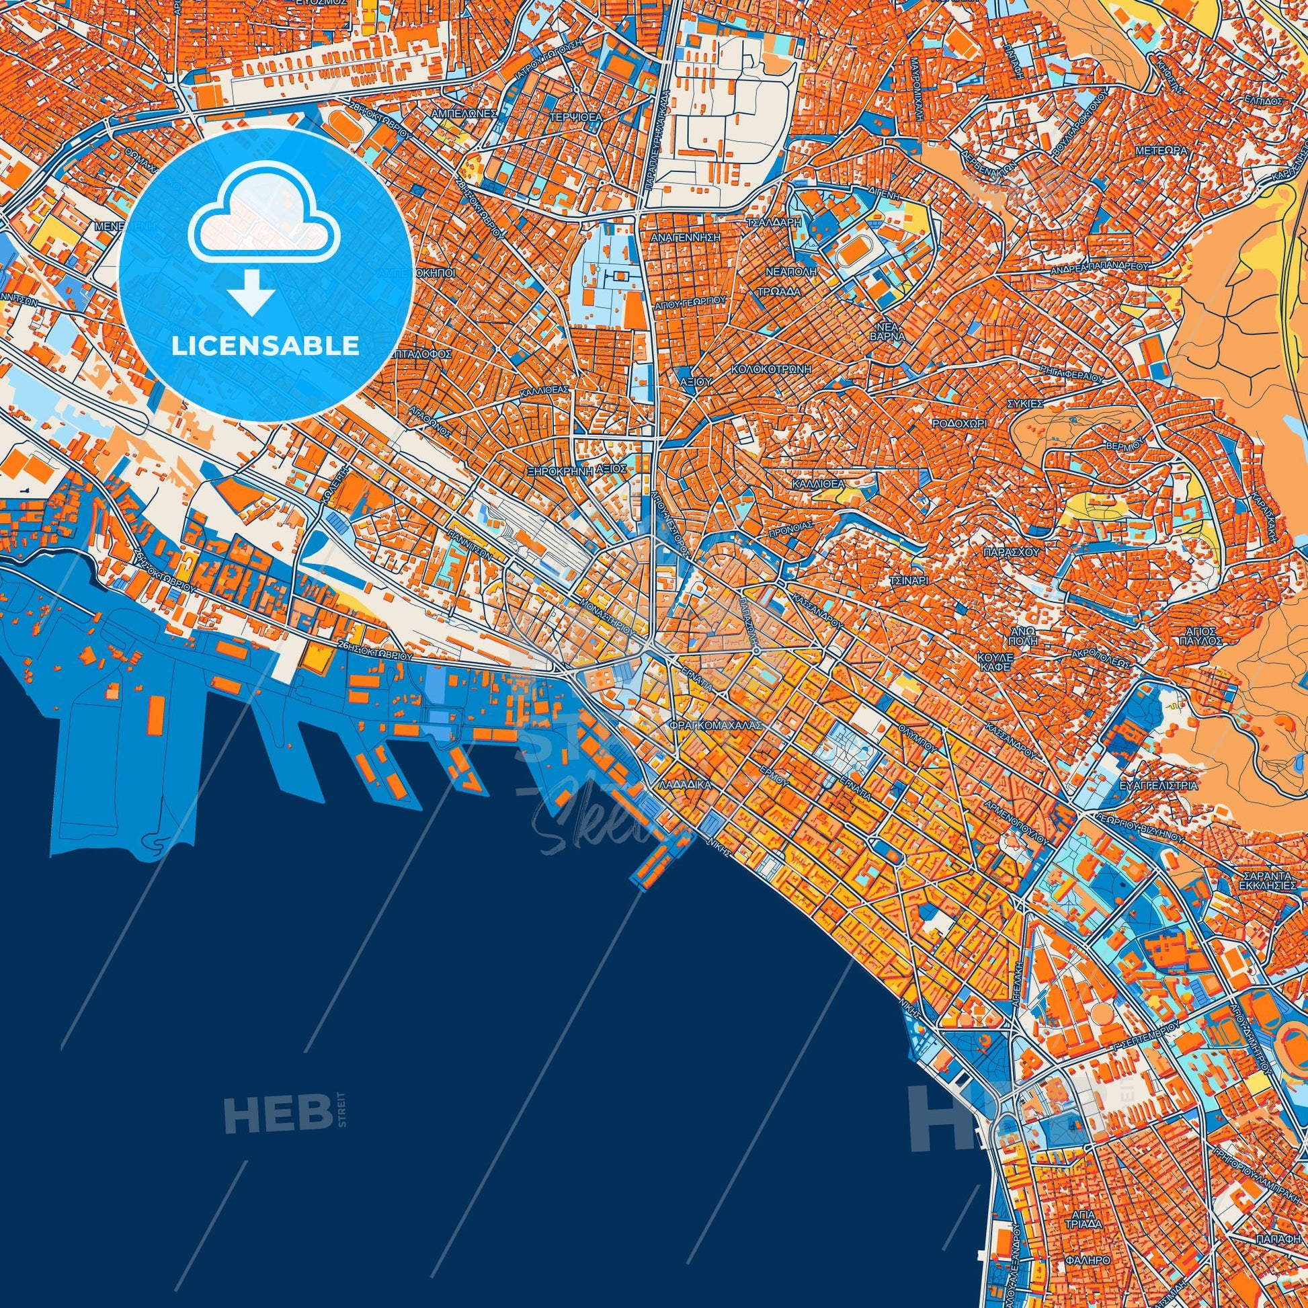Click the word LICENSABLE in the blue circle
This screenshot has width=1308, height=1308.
coord(265,346)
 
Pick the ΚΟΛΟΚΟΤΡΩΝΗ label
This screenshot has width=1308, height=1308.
coord(771,370)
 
